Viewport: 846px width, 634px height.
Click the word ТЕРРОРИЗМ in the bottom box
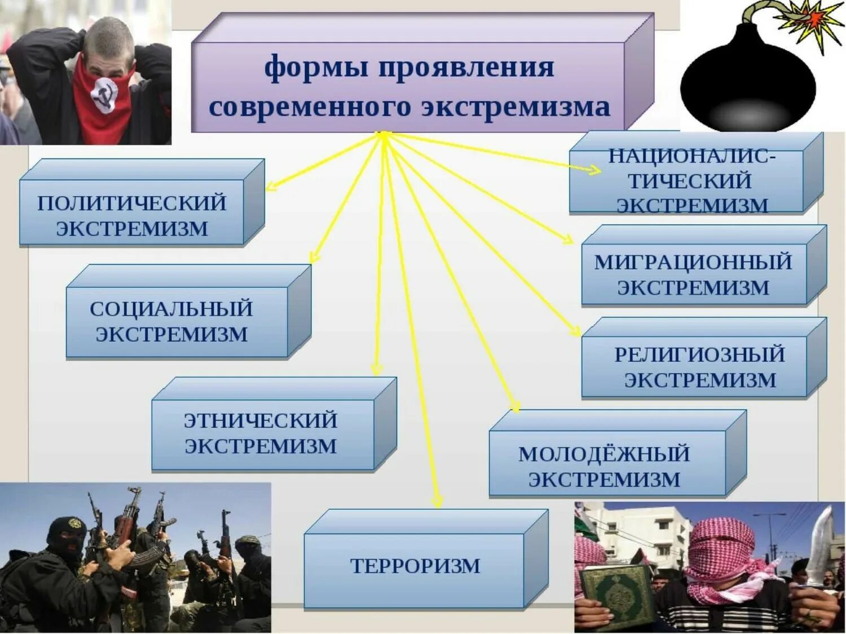[x=415, y=565]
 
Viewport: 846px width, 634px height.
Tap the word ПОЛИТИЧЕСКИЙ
[x=132, y=203]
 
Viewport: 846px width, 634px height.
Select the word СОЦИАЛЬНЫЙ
[x=171, y=309]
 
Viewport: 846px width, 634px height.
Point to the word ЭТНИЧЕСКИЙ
[x=261, y=420]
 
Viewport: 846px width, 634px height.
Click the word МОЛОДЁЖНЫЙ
[x=604, y=454]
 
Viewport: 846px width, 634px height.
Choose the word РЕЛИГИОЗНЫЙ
[x=700, y=354]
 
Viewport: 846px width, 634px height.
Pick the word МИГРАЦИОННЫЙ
[x=693, y=262]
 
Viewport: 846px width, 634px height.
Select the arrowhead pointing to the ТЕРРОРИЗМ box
[x=437, y=501]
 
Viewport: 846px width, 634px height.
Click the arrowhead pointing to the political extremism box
[x=270, y=186]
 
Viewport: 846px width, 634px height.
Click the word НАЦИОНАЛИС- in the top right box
[x=691, y=156]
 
